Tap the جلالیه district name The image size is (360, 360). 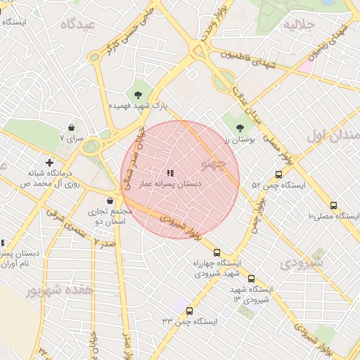point(297,26)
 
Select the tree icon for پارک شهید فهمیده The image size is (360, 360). point(138,94)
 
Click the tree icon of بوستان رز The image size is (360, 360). point(240,127)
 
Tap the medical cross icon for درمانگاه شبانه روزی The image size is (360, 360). point(49,162)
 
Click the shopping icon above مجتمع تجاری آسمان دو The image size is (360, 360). point(110,200)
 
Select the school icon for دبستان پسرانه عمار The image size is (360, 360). point(169,172)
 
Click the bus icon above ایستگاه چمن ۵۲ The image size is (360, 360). point(278,175)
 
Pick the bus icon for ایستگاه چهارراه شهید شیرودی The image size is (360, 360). point(217,252)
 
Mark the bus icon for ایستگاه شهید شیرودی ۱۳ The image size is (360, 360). point(251,278)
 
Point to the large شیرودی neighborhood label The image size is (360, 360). point(304,264)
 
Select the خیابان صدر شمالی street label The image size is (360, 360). point(136,160)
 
